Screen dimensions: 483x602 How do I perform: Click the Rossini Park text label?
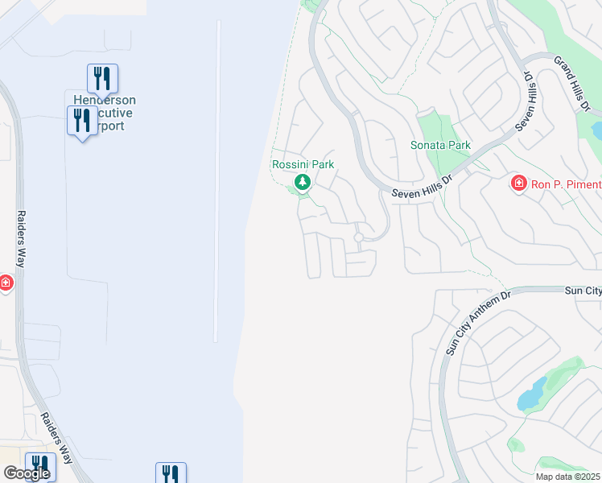[303, 164]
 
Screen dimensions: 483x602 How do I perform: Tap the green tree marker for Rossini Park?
[303, 182]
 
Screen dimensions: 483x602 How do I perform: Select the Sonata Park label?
[440, 145]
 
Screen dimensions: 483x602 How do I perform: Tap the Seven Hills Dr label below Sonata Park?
[423, 187]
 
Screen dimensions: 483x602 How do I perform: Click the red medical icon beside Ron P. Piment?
[519, 184]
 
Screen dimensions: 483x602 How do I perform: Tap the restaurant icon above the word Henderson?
[102, 77]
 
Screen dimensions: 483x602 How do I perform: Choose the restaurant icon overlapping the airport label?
[82, 120]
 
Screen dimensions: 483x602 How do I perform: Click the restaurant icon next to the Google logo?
[40, 465]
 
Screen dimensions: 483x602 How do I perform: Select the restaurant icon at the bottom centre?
[171, 473]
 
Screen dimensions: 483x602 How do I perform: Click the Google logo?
[26, 473]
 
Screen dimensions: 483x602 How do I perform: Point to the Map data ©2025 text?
[567, 477]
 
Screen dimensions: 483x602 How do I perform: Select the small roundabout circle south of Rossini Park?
[359, 237]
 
